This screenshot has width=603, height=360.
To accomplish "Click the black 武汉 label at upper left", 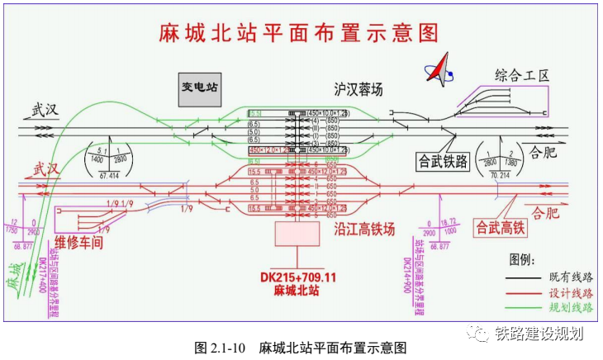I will click(x=47, y=110).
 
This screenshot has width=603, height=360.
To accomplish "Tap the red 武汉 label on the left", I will click(x=47, y=170).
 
